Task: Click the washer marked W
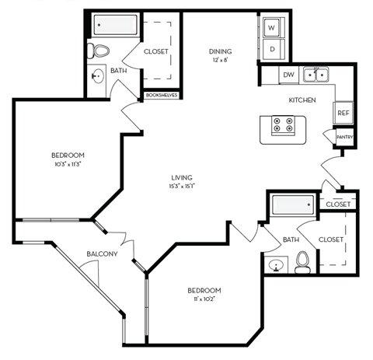tap(273, 28)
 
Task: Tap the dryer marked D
tap(273, 50)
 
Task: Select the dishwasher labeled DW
tap(288, 75)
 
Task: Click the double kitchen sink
tap(316, 75)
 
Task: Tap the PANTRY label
tap(344, 138)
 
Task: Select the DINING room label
tap(220, 52)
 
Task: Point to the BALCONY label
tap(102, 253)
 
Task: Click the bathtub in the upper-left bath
tap(116, 26)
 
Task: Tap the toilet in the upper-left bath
tap(99, 52)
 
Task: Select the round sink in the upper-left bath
tap(96, 76)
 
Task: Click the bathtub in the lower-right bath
tap(292, 206)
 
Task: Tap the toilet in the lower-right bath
tap(303, 263)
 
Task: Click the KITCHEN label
tap(302, 100)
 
